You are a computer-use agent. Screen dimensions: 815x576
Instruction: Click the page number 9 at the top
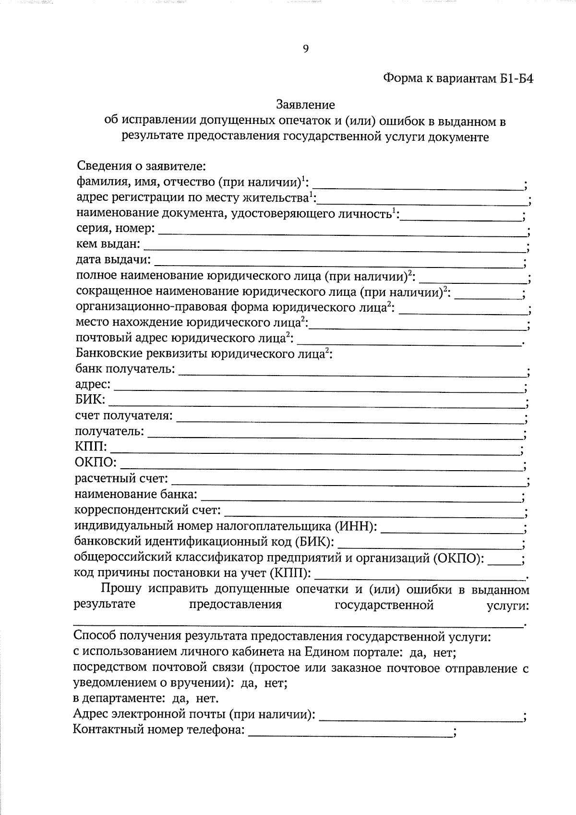[x=305, y=49]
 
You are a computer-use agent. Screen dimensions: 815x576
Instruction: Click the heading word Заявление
[x=305, y=104]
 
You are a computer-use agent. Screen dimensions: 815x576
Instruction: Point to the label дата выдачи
[x=113, y=260]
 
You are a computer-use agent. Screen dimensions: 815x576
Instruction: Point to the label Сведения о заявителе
[x=141, y=167]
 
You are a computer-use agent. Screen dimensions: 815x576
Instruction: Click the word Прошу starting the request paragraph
[x=121, y=589]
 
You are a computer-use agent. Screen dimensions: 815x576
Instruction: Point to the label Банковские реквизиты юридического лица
[x=204, y=354]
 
